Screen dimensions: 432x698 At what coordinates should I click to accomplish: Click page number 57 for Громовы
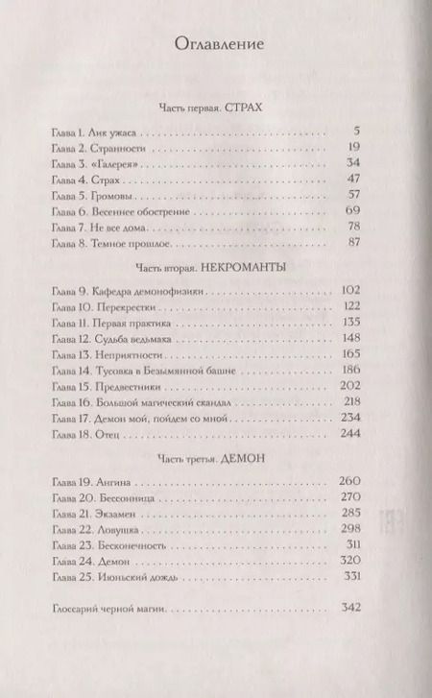point(351,195)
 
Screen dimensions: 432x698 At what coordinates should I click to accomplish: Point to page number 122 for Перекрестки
point(348,305)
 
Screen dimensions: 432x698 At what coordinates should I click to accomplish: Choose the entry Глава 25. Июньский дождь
point(122,576)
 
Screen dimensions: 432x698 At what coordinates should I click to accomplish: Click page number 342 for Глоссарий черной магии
point(348,610)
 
